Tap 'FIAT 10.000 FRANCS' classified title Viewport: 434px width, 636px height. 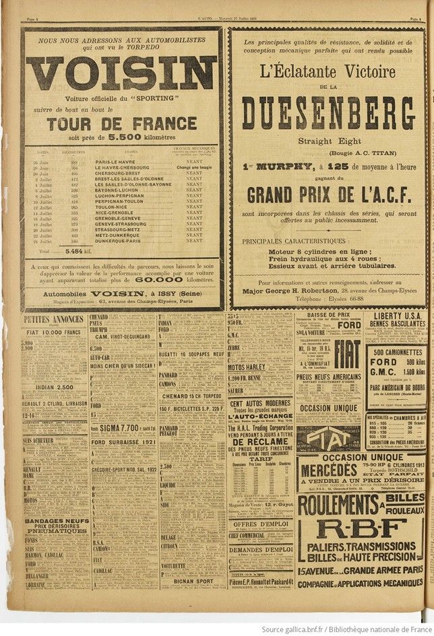coord(54,332)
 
